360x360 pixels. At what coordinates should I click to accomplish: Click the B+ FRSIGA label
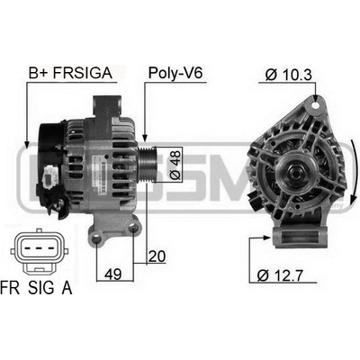[x=70, y=73]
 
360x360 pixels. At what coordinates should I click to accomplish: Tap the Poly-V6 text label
[x=175, y=73]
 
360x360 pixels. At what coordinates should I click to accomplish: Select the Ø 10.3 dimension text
[x=289, y=75]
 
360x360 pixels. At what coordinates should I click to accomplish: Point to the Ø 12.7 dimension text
[x=280, y=275]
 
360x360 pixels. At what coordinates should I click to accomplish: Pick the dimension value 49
[x=113, y=274]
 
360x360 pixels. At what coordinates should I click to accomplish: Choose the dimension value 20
[x=157, y=256]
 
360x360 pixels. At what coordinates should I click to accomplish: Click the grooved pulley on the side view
[x=147, y=165]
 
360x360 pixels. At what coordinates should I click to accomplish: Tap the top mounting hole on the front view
[x=315, y=105]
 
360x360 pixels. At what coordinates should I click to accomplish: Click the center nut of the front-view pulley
[x=295, y=172]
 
